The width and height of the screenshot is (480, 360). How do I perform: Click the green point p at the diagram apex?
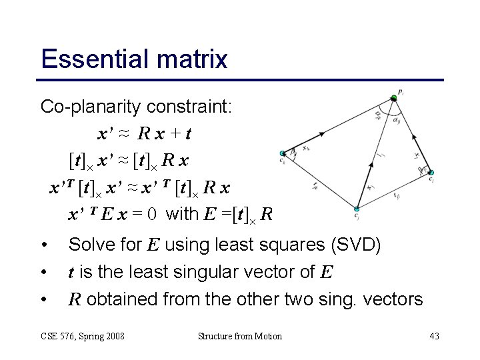tap(394, 98)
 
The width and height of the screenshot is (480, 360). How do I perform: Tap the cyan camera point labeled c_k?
tap(283, 153)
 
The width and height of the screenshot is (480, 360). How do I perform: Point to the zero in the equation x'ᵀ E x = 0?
tap(152, 215)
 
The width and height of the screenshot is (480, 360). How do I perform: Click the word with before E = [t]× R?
tap(181, 215)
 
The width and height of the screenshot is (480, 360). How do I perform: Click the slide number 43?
tap(434, 336)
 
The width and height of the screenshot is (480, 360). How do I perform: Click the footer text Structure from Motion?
tap(240, 336)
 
